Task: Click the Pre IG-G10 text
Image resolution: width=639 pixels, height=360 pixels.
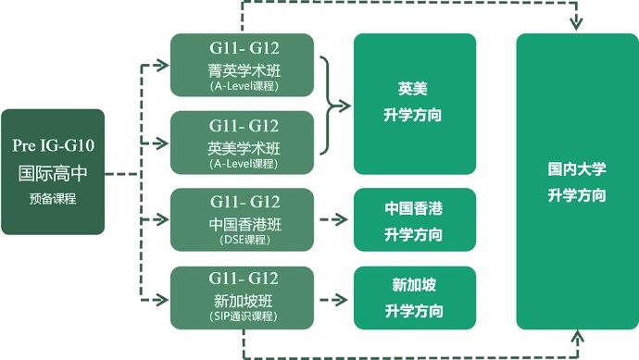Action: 53,145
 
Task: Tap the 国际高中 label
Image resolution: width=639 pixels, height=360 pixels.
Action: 53,172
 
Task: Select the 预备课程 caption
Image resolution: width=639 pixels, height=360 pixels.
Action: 53,197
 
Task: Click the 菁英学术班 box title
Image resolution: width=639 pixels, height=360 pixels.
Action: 244,68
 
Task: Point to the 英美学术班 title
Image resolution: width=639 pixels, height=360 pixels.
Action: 244,146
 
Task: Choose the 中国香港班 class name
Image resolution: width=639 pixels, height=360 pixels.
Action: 244,223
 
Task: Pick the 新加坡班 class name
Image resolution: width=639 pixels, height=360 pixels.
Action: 244,300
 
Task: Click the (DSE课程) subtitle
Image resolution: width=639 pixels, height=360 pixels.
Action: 244,241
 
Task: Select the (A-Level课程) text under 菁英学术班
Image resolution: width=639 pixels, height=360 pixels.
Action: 244,86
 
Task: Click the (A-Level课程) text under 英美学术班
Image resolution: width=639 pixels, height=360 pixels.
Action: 244,164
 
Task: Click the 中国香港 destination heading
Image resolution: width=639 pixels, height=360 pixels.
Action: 414,208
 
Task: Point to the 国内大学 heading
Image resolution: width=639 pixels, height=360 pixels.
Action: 576,169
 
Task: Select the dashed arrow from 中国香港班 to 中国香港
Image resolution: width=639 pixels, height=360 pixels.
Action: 332,220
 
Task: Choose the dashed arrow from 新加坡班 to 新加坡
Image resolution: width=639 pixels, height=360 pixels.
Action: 332,298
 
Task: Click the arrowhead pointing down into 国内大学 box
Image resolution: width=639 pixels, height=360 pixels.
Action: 576,24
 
